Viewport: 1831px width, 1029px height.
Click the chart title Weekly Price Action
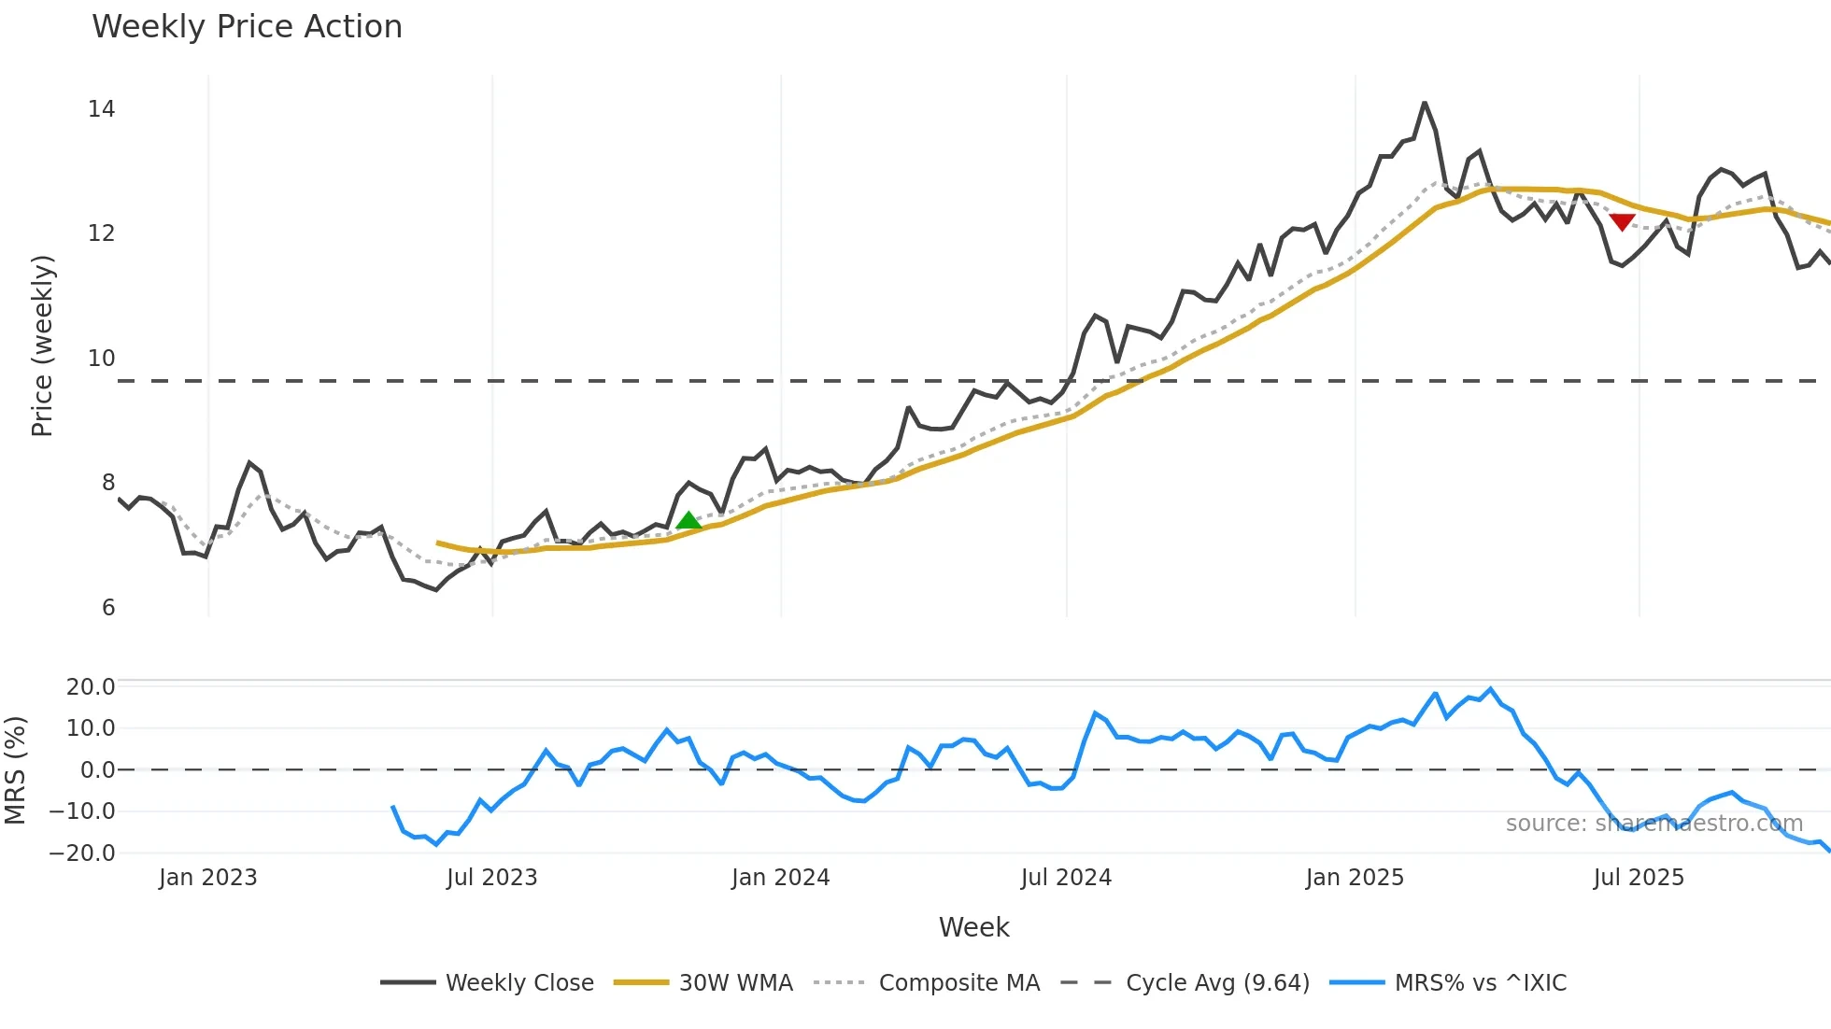pos(247,27)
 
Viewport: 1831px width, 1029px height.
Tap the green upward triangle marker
pos(688,521)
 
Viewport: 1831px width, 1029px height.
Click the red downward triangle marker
pos(1622,221)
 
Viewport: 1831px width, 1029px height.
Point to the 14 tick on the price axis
pos(101,109)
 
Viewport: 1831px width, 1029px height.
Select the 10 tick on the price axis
pos(101,358)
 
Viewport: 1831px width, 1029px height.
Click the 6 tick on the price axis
pos(107,608)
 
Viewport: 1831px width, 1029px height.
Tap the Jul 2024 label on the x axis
pos(1066,878)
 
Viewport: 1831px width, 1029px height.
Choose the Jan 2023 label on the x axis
pos(207,878)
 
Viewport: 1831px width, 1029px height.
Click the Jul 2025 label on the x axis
pos(1639,878)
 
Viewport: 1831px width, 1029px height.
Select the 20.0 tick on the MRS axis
pos(90,687)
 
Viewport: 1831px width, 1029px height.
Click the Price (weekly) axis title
pos(42,345)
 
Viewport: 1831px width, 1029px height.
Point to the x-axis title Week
pos(973,927)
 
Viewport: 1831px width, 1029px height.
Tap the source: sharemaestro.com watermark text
pos(1654,824)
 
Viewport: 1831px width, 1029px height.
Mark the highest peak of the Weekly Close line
pos(1425,103)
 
